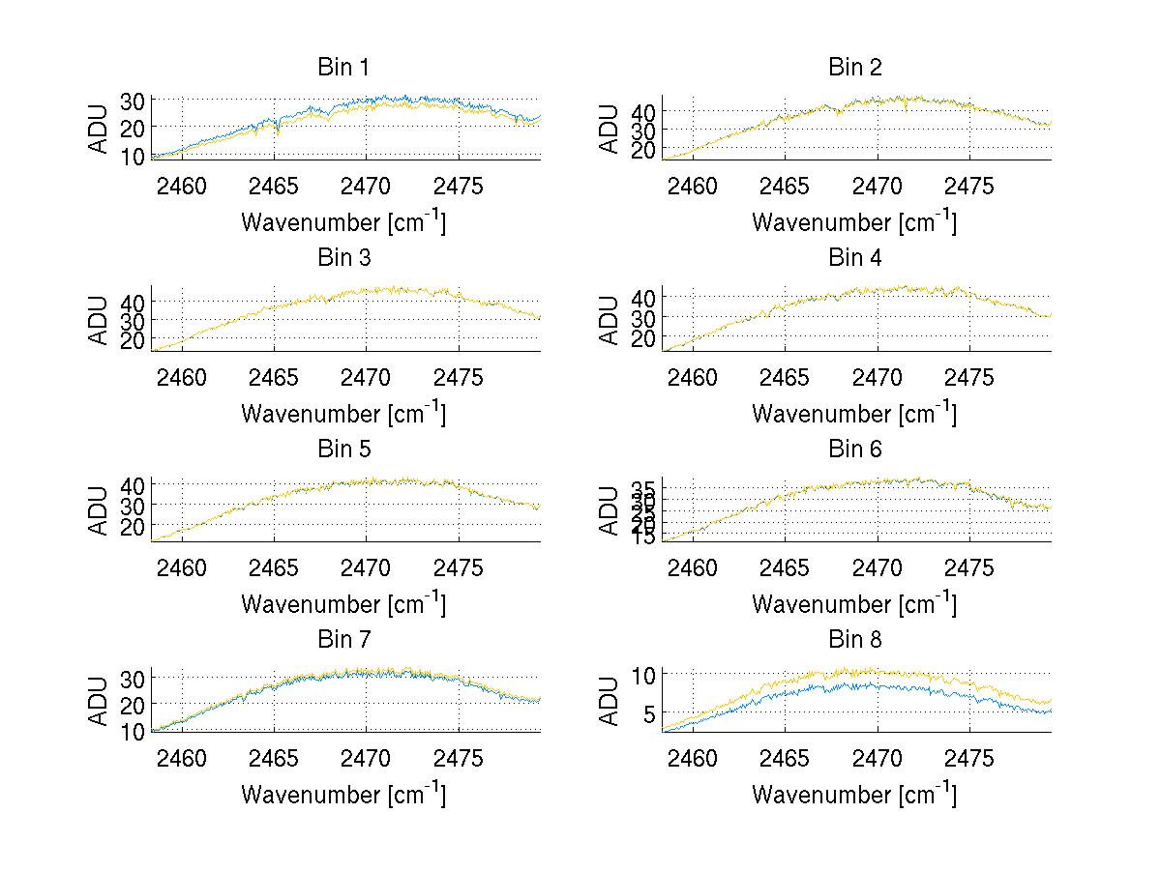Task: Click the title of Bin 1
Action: point(343,68)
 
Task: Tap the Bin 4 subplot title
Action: point(855,258)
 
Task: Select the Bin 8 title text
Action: point(855,640)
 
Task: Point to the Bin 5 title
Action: point(343,450)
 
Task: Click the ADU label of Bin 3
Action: point(100,320)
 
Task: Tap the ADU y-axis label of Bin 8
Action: point(610,702)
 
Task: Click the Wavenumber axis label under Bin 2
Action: point(854,222)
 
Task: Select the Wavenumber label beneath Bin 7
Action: point(343,795)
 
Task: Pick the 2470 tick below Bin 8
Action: point(878,758)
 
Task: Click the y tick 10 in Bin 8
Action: point(645,674)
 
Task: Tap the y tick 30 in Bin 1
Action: point(133,101)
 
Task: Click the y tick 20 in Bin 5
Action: point(133,526)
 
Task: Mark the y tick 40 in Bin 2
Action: point(643,111)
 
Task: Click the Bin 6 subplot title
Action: point(855,450)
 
